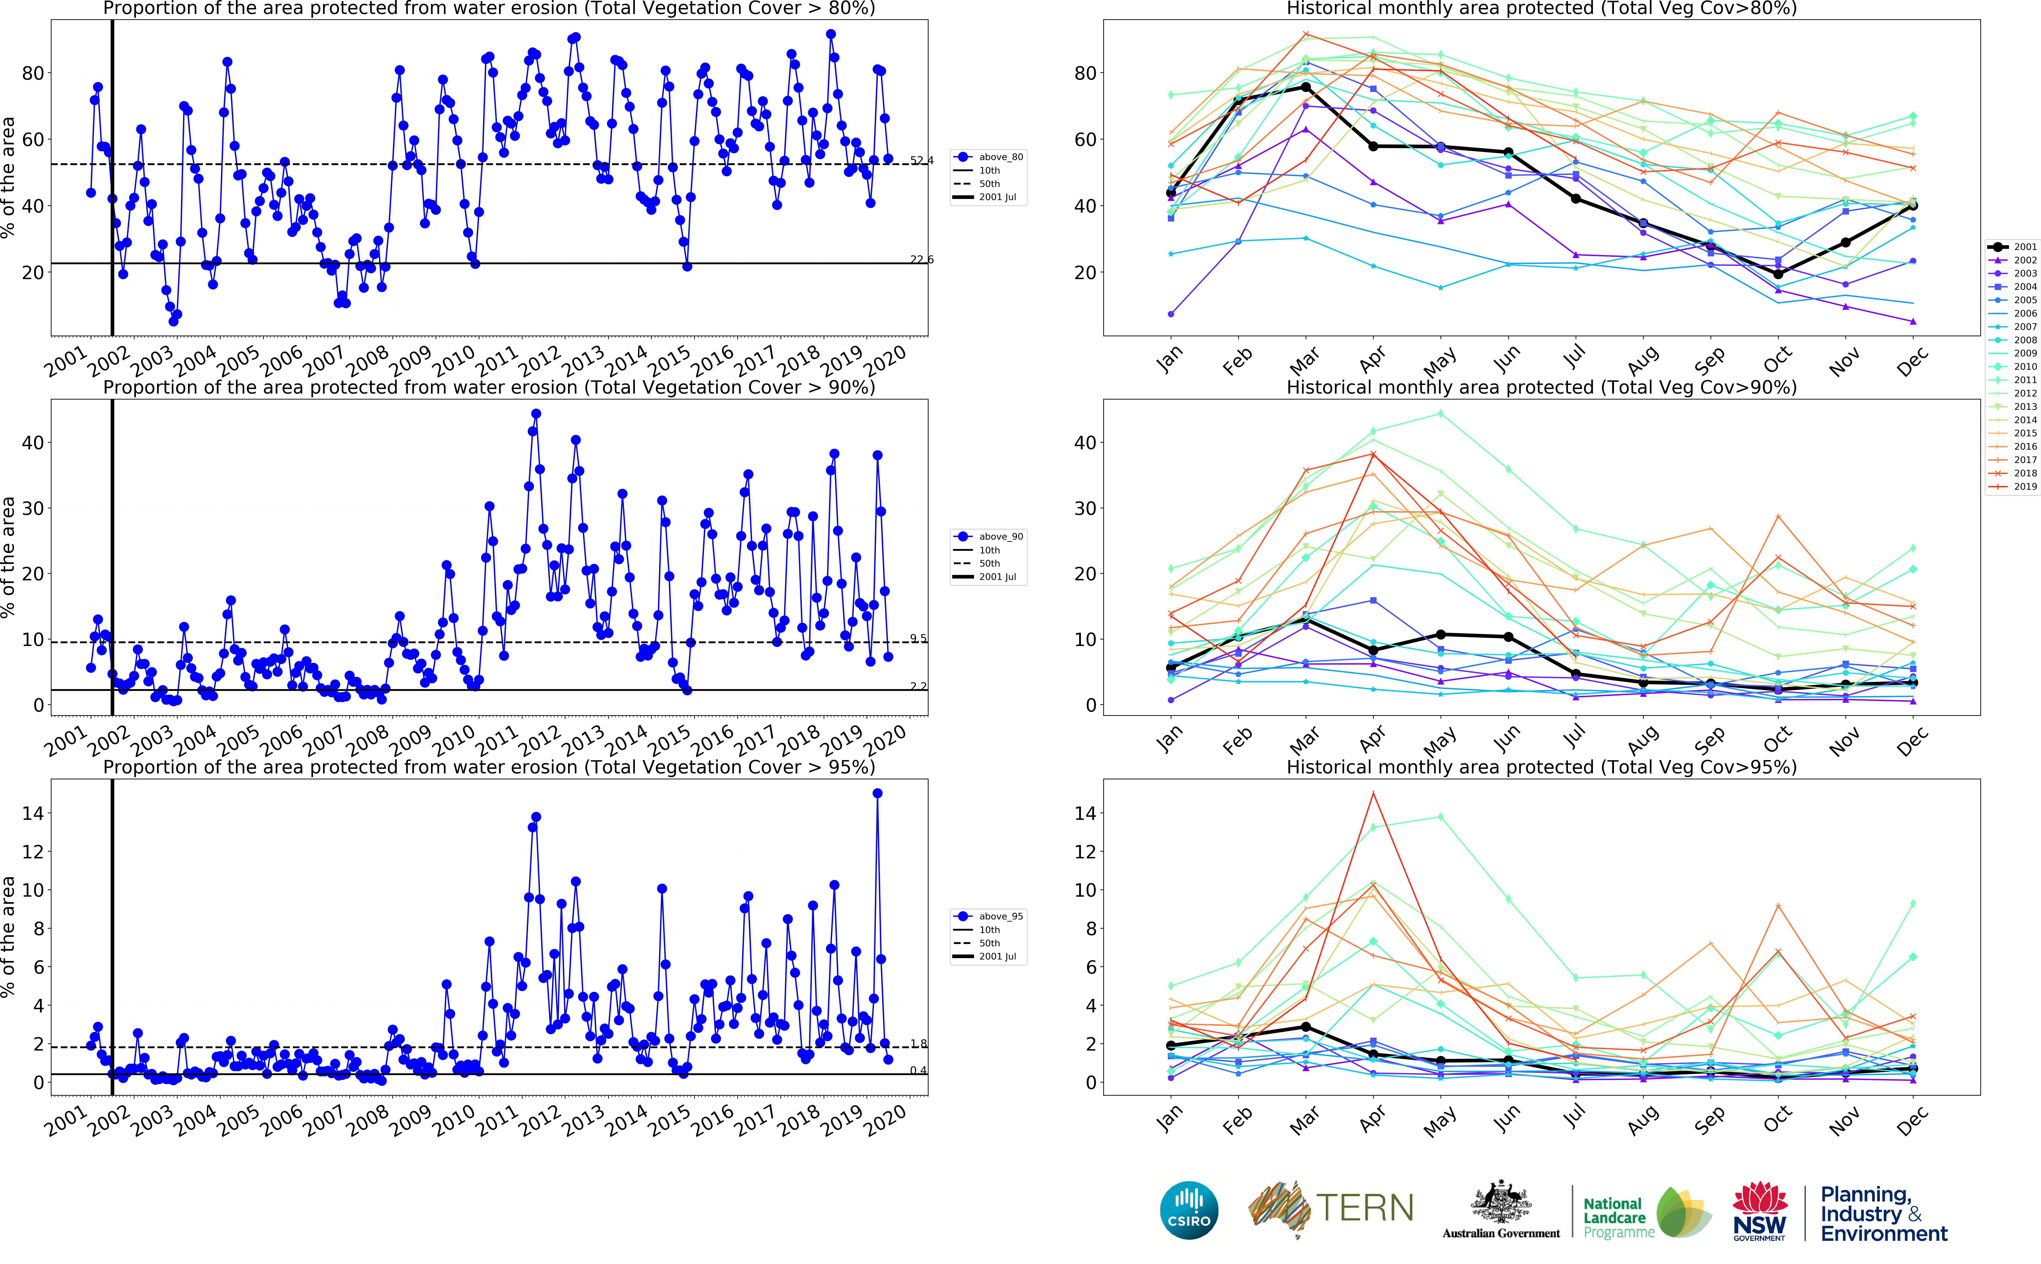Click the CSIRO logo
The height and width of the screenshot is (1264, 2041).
point(1188,1211)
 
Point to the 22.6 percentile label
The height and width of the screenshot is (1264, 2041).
point(922,259)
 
